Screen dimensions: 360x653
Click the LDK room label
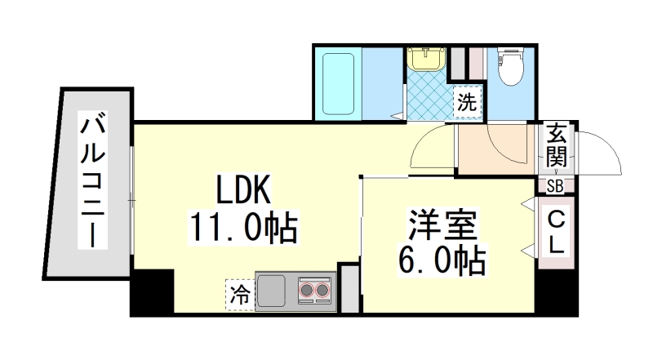point(242,191)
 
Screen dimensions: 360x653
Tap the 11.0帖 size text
point(242,227)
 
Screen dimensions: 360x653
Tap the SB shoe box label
point(555,186)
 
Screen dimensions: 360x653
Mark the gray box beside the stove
point(349,289)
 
